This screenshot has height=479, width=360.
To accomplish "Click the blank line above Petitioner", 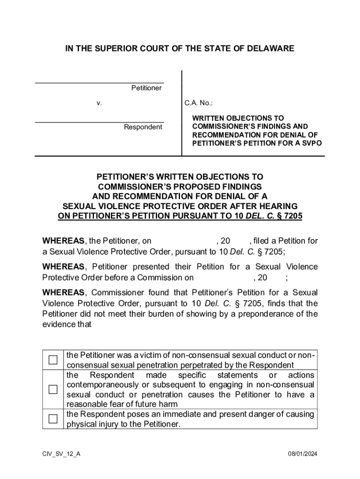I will (99, 82).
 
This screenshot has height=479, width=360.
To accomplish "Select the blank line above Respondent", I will (99, 122).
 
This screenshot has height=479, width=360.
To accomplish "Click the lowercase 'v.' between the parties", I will (99, 103).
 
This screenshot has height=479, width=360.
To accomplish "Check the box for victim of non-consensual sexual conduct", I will (53, 360).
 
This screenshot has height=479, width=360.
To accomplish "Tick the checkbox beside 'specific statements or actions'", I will (53, 389).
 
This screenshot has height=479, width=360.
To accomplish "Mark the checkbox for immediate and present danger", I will (53, 419).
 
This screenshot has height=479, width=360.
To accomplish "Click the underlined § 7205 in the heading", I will (289, 216).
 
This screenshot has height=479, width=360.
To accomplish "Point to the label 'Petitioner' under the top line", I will (146, 88).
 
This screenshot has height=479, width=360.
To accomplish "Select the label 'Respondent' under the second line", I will (143, 127).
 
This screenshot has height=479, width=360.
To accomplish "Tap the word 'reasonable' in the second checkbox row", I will (85, 404).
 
